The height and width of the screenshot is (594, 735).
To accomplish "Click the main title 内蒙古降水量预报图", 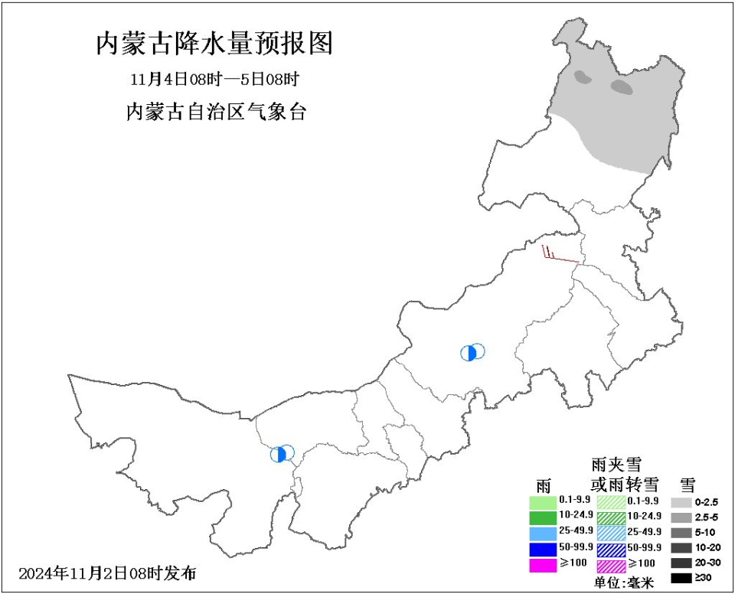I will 214,44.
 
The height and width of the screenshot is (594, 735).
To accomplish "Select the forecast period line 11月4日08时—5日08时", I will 214,79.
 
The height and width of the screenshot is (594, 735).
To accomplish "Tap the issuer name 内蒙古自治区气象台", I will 215,112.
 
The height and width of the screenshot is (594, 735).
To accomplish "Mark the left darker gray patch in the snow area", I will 584,77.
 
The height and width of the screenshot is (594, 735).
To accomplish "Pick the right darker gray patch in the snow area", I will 622,87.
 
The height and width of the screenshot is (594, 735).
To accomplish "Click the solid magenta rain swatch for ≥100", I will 542,565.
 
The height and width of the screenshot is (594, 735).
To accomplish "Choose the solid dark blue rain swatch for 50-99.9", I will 542,549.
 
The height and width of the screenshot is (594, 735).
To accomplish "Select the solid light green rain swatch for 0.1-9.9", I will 542,502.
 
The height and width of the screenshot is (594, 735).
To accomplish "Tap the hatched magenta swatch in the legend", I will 610,565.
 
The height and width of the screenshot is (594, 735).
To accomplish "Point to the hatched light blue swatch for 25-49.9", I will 610,533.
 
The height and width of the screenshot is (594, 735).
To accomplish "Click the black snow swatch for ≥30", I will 680,578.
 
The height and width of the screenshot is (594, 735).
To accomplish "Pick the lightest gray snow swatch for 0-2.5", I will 680,502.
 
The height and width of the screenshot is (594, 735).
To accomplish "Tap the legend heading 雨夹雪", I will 616,465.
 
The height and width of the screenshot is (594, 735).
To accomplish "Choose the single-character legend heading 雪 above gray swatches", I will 687,484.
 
